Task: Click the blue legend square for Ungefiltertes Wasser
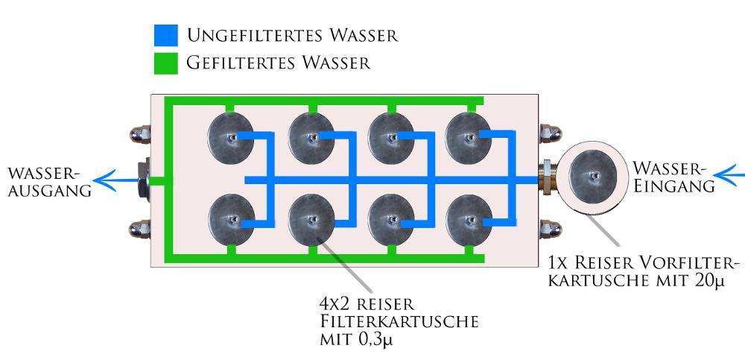click(x=166, y=35)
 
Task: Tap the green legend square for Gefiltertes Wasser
click(x=166, y=63)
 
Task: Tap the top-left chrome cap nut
click(x=139, y=134)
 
